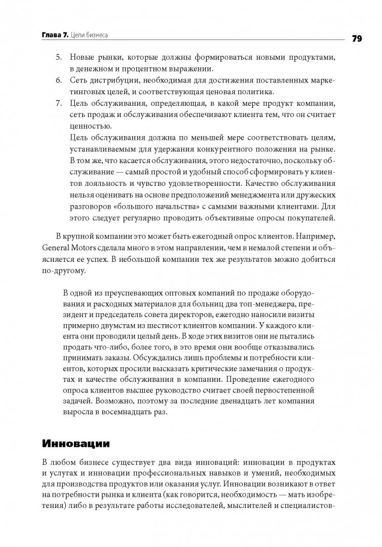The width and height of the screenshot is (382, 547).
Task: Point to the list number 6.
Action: click(x=58, y=81)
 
